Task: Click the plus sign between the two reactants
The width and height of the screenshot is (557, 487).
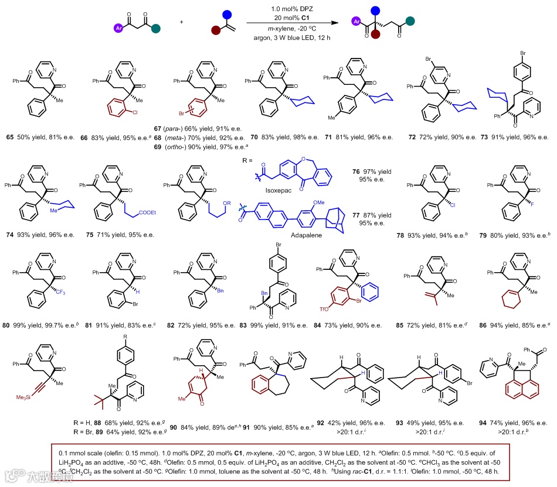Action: [x=182, y=22]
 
